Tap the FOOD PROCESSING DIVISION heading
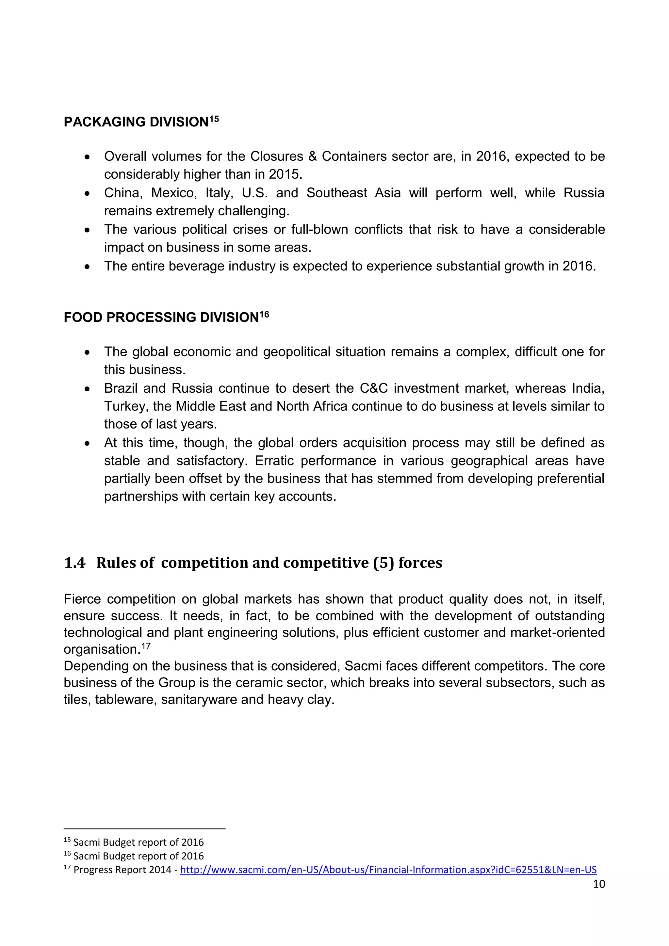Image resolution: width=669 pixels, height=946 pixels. (x=161, y=318)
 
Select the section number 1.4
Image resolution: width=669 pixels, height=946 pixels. (x=74, y=563)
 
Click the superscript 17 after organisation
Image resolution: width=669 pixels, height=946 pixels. (x=146, y=646)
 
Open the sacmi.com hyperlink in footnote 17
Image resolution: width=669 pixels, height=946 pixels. (x=388, y=870)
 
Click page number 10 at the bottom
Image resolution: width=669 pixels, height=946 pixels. (x=598, y=884)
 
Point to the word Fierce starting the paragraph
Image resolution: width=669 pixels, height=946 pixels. (x=82, y=599)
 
